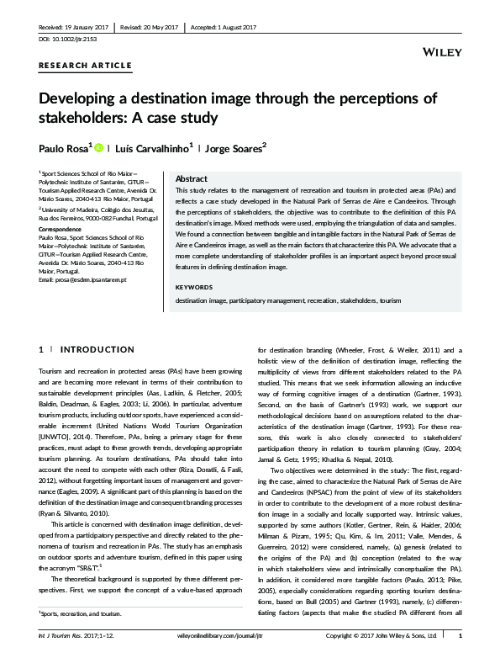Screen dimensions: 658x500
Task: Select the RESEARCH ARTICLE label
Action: (85, 66)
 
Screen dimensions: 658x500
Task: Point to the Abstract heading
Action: (191, 178)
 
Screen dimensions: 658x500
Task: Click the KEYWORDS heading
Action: (194, 288)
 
